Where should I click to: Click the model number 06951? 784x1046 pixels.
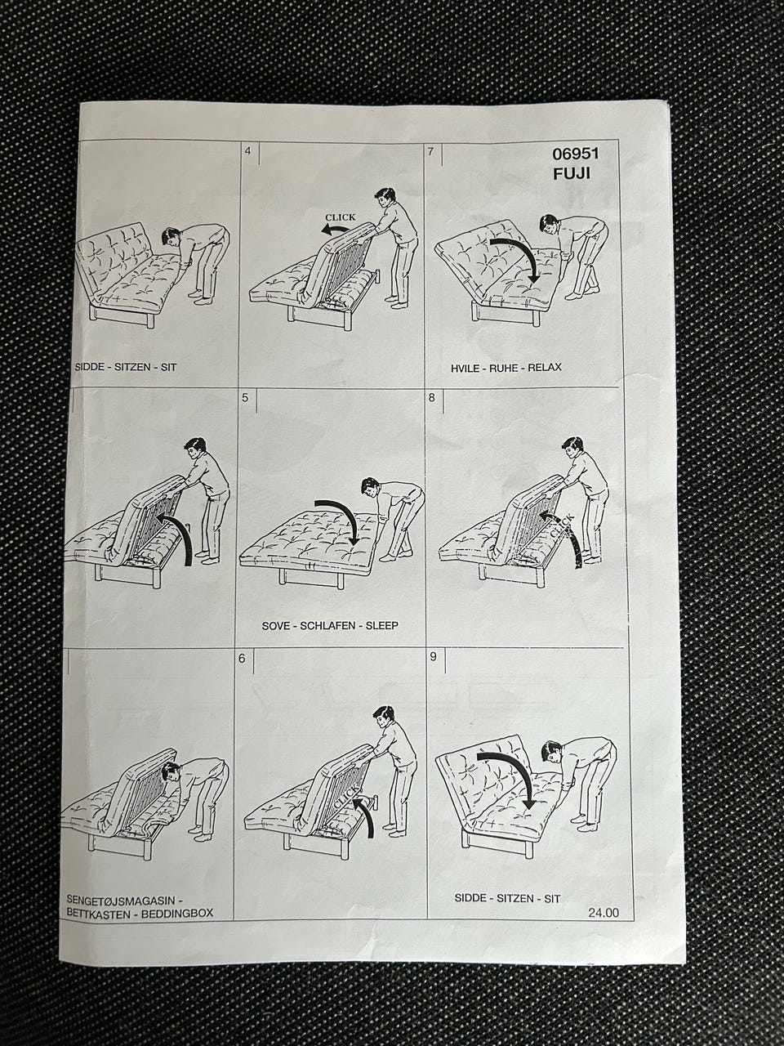click(575, 154)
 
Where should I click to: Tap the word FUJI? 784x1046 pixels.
click(571, 174)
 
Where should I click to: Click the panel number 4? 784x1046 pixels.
click(247, 151)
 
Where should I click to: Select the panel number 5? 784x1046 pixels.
click(245, 397)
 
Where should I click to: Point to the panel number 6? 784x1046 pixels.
click(242, 659)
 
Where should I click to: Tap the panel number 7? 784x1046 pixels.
click(431, 151)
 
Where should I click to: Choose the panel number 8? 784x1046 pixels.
click(432, 397)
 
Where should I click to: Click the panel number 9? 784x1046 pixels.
click(433, 657)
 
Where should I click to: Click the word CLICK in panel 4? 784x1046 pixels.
click(340, 217)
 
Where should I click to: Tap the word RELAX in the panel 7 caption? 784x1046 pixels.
click(545, 368)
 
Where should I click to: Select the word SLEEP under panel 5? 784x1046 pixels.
click(381, 626)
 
